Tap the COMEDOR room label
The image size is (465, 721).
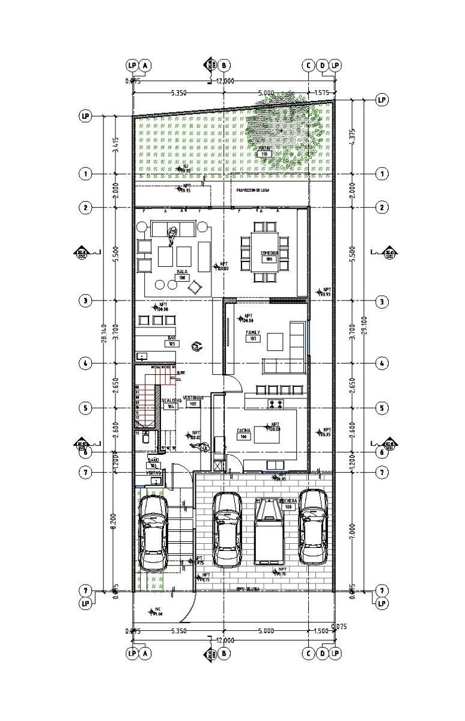coord(269,254)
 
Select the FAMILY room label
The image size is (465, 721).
coord(252,332)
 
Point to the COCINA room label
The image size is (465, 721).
coord(243,431)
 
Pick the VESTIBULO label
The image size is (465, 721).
coord(194,398)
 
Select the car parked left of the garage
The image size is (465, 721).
coord(153,534)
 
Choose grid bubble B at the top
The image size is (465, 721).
coord(223,65)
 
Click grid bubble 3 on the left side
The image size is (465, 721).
coord(86,300)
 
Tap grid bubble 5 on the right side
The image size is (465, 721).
coord(382,408)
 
